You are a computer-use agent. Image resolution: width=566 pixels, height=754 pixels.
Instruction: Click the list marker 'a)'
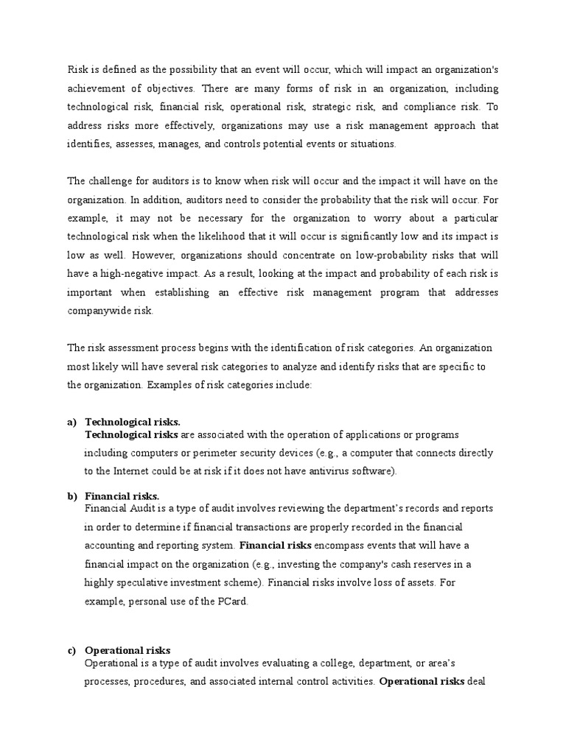click(x=71, y=422)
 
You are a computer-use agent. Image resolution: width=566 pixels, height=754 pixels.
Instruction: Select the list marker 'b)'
click(x=71, y=496)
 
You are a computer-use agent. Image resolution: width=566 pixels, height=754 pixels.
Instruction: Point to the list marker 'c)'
click(x=71, y=650)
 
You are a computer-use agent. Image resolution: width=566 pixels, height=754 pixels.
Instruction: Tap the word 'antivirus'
click(x=324, y=471)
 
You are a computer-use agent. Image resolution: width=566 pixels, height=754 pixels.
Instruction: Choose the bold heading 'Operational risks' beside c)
click(x=127, y=650)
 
